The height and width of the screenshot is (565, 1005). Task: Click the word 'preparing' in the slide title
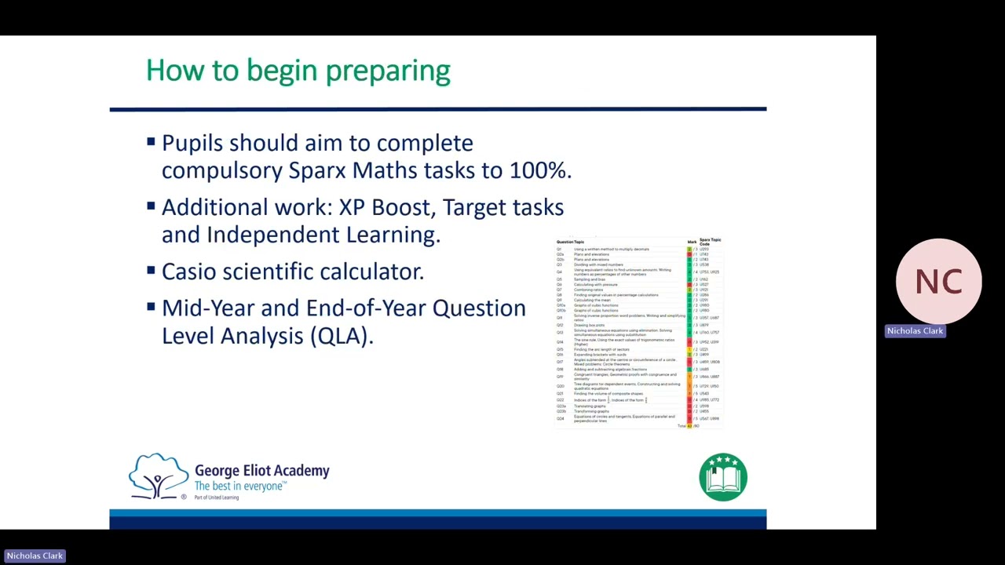point(387,71)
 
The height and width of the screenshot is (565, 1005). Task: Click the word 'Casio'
point(188,272)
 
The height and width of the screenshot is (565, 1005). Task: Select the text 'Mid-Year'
point(208,308)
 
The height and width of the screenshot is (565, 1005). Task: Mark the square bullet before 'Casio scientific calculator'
point(151,271)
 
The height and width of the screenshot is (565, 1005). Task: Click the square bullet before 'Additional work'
point(151,206)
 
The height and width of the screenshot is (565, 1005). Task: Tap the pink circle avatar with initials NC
point(938,281)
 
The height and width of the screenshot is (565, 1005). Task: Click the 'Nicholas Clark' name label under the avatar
point(915,331)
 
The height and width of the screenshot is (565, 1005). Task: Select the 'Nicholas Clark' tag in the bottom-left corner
point(35,556)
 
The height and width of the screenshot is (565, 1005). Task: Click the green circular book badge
point(722,476)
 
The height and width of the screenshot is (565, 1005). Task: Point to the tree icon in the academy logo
point(159,476)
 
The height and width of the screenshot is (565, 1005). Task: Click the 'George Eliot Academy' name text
point(261,471)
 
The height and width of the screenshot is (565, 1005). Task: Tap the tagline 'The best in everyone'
point(239,487)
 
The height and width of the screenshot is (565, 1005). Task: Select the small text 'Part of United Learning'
point(217,498)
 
